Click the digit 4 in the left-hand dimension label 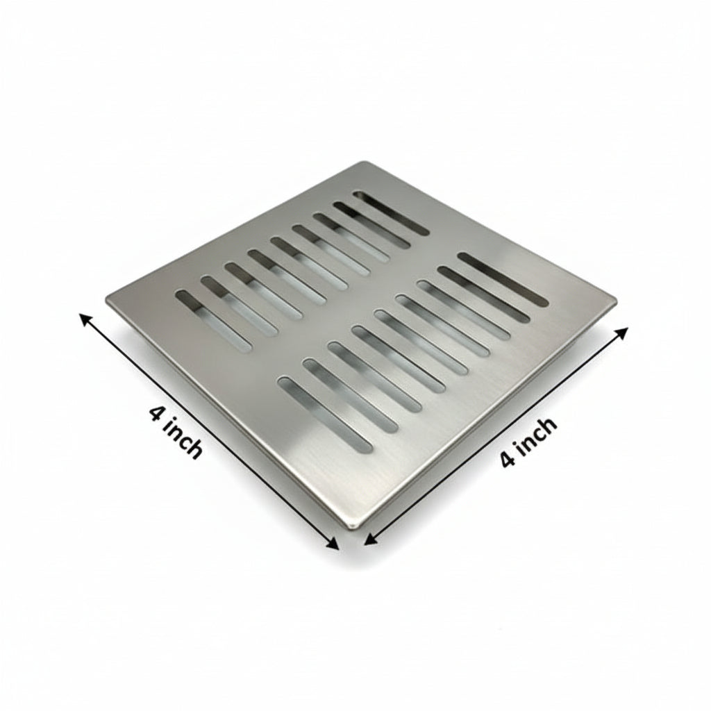[156, 414]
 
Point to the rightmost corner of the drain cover [615, 301]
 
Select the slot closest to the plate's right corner [503, 278]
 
